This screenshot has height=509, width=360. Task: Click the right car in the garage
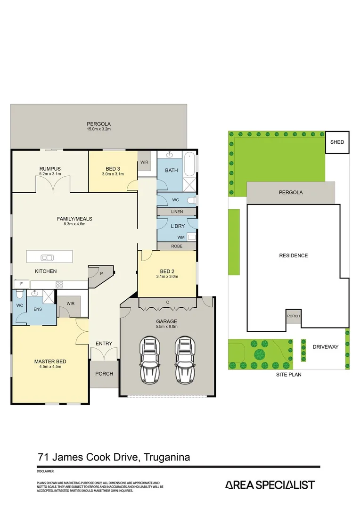click(x=185, y=361)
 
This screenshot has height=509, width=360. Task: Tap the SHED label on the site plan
click(x=337, y=142)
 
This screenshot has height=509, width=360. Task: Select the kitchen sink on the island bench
click(x=47, y=257)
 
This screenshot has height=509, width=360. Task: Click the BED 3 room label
click(x=113, y=169)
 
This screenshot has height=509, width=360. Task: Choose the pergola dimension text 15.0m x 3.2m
click(x=98, y=129)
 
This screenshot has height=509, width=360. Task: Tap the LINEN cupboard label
click(x=177, y=212)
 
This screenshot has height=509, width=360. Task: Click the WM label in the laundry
click(x=181, y=237)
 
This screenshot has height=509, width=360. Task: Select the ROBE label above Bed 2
click(x=177, y=246)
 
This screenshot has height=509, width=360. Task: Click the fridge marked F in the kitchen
click(x=21, y=284)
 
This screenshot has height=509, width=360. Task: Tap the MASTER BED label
click(x=50, y=361)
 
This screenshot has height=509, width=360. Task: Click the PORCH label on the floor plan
click(x=104, y=374)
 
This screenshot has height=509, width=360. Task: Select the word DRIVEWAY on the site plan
click(x=326, y=347)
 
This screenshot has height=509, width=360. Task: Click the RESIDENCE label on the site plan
click(x=293, y=255)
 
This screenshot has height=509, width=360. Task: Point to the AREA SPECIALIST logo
click(x=270, y=485)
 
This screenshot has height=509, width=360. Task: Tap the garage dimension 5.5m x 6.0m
click(x=167, y=327)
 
